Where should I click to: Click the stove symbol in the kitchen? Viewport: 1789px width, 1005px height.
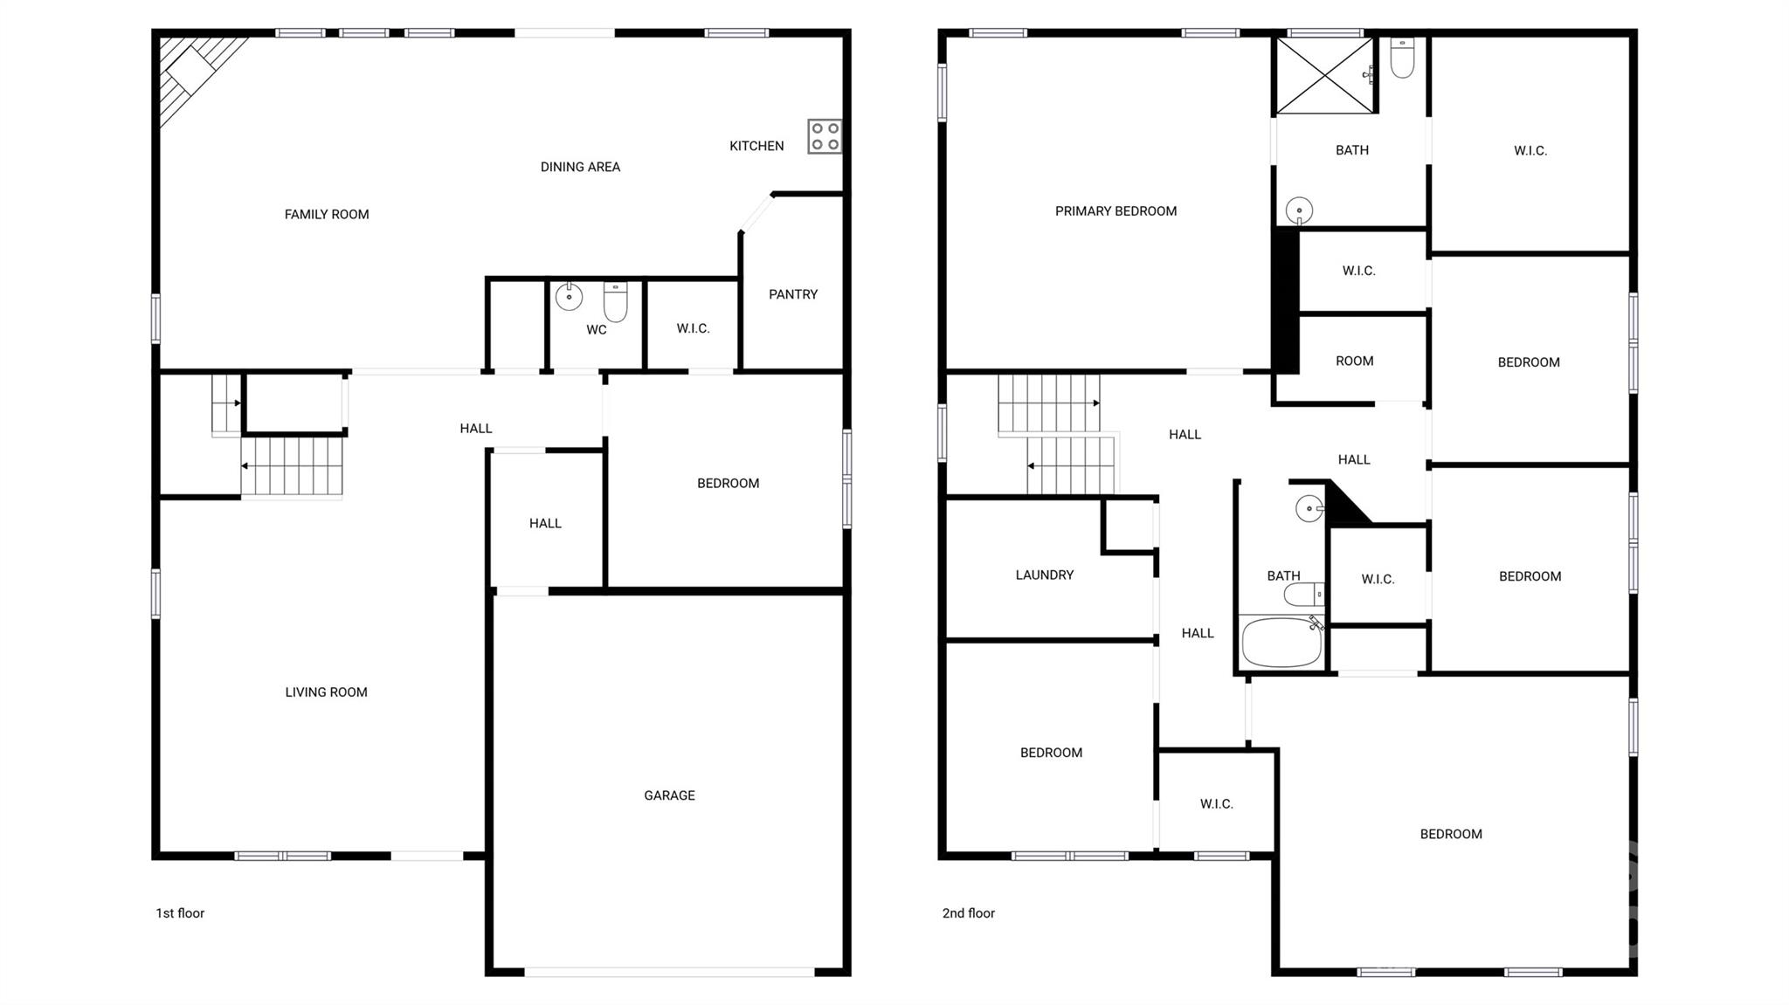(x=825, y=136)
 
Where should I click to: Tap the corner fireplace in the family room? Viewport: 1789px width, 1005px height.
(x=191, y=70)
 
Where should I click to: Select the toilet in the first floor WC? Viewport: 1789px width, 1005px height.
(x=615, y=300)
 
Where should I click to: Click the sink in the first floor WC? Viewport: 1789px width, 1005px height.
(x=569, y=297)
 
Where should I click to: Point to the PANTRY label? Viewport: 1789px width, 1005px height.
(x=793, y=294)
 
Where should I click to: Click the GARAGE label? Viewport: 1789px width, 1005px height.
(x=669, y=795)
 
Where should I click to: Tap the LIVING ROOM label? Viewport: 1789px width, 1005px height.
(x=326, y=692)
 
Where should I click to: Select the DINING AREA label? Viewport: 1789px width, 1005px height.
(x=580, y=167)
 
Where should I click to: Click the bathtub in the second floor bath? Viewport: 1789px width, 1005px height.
(x=1281, y=642)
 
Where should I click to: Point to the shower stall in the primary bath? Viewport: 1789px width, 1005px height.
(x=1324, y=75)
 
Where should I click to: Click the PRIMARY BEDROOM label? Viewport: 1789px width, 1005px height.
(x=1116, y=211)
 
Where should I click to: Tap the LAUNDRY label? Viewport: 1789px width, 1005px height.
(x=1044, y=575)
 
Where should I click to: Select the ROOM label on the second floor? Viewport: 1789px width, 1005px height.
(x=1354, y=361)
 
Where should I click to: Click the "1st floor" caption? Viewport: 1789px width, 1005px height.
(x=180, y=913)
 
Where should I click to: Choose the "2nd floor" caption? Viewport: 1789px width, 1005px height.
(x=968, y=913)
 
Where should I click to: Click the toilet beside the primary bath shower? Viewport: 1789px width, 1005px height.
(x=1402, y=58)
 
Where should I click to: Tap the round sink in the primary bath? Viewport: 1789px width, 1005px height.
(x=1299, y=210)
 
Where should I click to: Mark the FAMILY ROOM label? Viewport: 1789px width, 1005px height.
(x=327, y=215)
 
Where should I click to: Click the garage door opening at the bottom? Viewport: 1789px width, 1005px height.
(x=669, y=972)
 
